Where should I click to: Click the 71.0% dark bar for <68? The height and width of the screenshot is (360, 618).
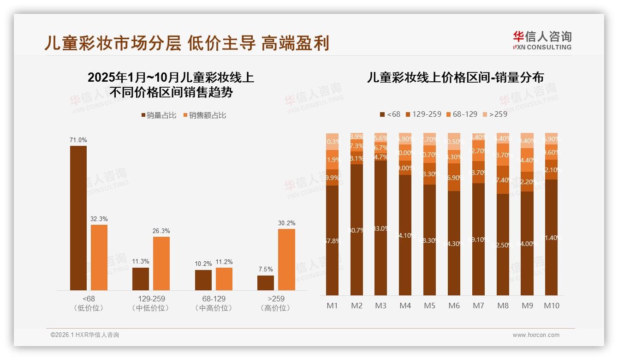[x=78, y=218]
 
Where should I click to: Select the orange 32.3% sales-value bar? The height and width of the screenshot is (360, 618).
[x=99, y=258]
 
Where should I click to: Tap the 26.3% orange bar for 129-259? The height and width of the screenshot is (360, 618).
[x=161, y=264]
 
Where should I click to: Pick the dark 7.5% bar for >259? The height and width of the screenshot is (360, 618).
[x=266, y=283]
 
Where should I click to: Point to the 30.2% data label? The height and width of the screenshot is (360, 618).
[x=286, y=223]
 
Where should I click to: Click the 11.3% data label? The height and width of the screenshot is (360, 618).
[x=141, y=261]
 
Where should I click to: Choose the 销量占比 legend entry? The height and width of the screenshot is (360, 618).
[x=159, y=115]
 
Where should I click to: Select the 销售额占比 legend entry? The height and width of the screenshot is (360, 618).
[x=205, y=115]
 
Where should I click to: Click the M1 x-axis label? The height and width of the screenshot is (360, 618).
[x=332, y=306]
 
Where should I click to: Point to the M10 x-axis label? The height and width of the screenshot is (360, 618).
[x=551, y=306]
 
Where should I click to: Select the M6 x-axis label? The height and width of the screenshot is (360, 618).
[x=454, y=306]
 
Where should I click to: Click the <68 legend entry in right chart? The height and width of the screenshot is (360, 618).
[x=390, y=114]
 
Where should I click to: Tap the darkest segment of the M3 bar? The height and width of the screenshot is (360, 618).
[x=381, y=228]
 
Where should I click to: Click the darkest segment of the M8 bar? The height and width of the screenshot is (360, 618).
[x=503, y=245]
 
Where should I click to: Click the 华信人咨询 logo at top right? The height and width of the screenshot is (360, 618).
[x=542, y=40]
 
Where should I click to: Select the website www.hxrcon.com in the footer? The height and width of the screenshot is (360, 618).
[x=536, y=335]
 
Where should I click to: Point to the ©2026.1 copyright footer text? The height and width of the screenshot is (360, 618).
[x=85, y=335]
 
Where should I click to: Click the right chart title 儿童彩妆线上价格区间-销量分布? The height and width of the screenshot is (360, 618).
[x=455, y=78]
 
